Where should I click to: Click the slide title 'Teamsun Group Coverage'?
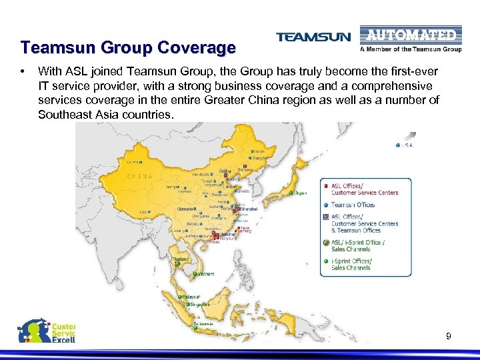pos(127,48)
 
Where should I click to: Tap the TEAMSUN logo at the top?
pos(313,37)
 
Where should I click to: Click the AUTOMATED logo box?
pos(411,35)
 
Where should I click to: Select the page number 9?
pos(449,337)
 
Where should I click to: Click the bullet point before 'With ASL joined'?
pos(23,70)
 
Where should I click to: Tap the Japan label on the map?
pos(301,193)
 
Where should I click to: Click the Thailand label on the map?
pos(180,259)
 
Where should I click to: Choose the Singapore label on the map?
pos(199,305)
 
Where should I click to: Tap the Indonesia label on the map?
pos(203,324)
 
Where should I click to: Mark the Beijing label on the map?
pos(225,171)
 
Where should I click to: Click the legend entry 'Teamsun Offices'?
pos(353,205)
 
